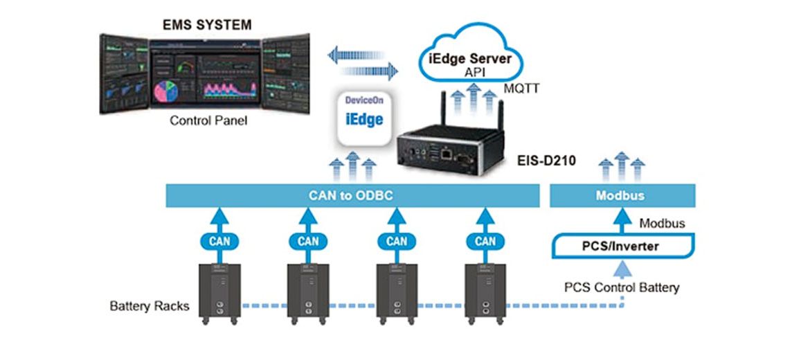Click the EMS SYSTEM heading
click(x=207, y=26)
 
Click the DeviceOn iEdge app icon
click(x=364, y=116)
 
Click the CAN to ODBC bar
click(x=352, y=195)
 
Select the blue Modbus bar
click(x=620, y=195)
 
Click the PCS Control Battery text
click(x=621, y=287)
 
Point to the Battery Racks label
click(x=149, y=305)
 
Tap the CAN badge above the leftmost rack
click(x=219, y=242)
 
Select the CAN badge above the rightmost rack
click(x=485, y=242)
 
